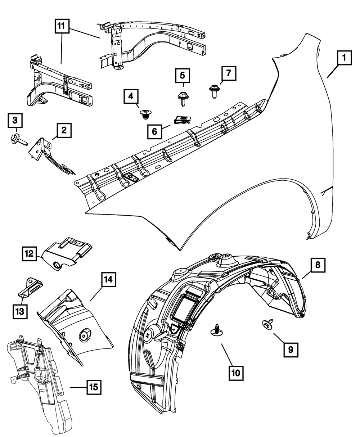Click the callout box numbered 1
click(x=344, y=58)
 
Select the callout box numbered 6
click(x=154, y=131)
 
